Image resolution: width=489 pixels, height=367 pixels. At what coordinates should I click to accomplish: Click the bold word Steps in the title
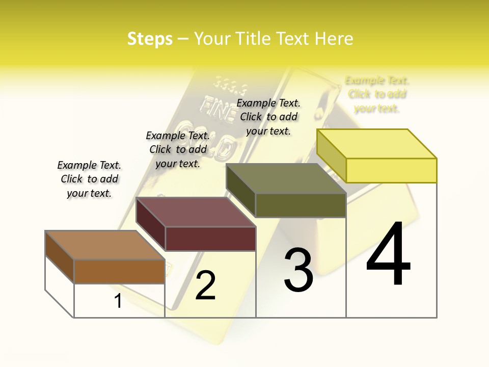point(150,39)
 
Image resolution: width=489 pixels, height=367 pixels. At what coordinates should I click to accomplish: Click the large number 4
point(388,254)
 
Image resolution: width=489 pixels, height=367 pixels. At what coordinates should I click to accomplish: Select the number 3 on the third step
point(298,270)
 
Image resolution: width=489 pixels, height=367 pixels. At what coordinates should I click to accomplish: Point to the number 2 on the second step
point(205,285)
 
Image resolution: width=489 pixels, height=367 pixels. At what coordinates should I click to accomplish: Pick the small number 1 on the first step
point(118,301)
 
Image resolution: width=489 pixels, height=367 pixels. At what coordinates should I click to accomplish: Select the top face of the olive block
point(286,178)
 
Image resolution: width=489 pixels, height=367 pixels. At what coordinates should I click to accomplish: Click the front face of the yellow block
point(391,170)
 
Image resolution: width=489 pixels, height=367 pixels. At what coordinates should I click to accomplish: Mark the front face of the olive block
point(301,205)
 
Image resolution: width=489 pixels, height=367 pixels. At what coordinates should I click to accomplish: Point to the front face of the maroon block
point(210,239)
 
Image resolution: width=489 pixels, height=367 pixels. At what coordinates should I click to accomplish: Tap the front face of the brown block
point(119,271)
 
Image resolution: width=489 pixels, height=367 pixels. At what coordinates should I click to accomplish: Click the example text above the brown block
point(89,179)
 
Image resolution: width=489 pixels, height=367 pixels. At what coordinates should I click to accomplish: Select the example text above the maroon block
point(178,150)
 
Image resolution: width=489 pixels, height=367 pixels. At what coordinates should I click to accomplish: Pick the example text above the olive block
point(268,117)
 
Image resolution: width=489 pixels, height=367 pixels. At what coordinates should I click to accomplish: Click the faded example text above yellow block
point(377,94)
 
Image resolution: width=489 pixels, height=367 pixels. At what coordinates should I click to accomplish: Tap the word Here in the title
point(334,39)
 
